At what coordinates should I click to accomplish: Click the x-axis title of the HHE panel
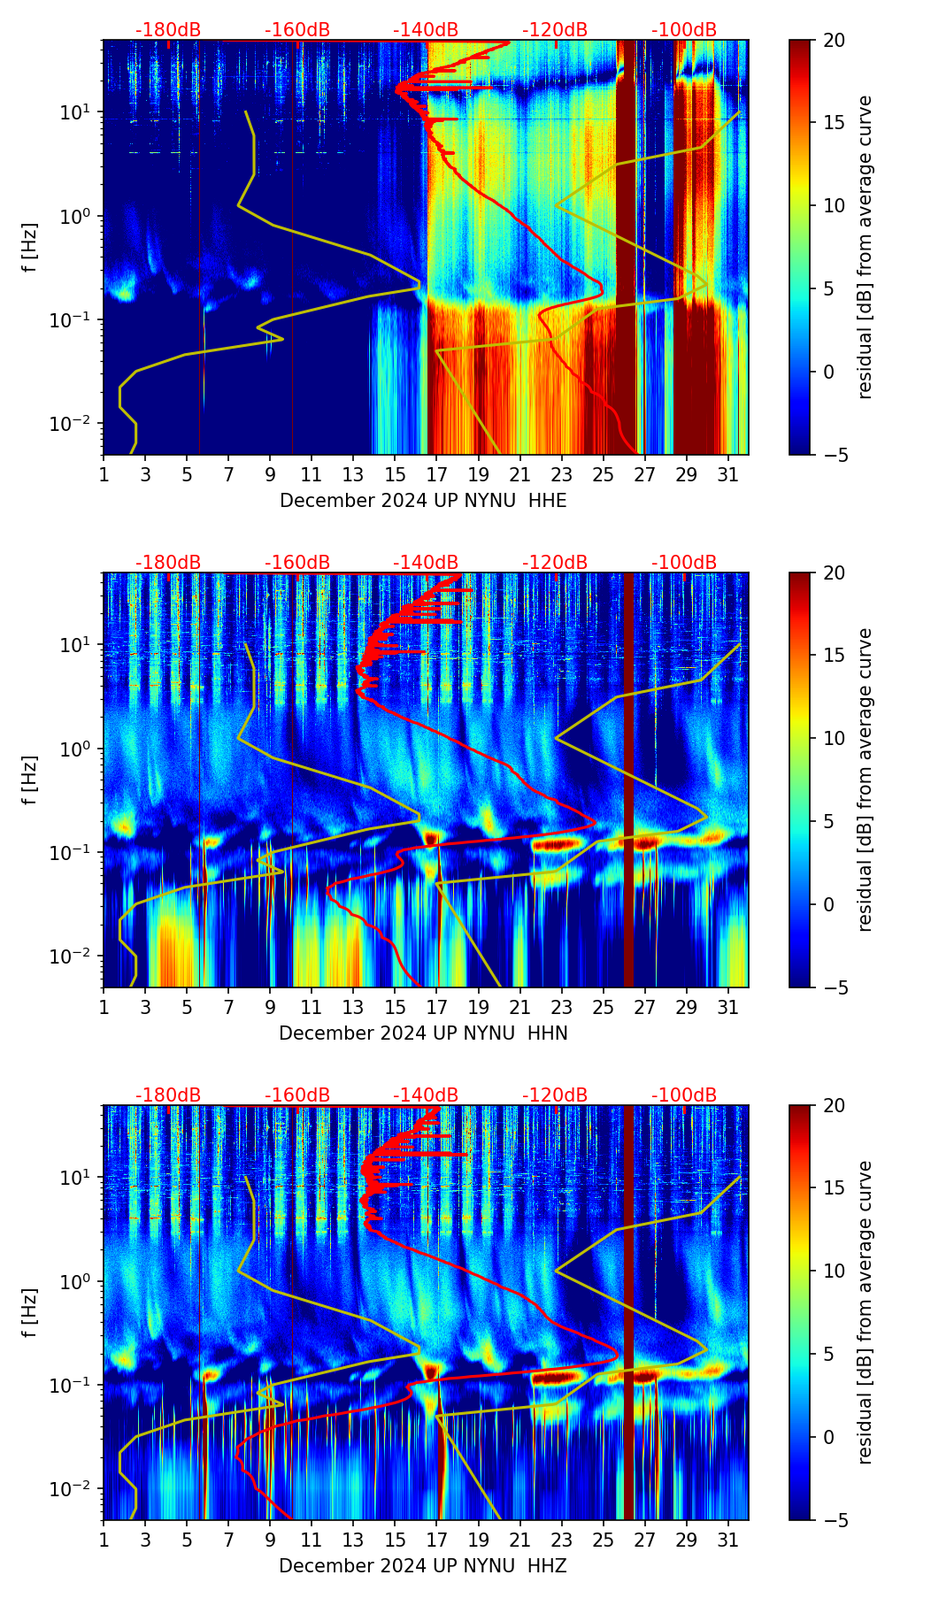(x=423, y=501)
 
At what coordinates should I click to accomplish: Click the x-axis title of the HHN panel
(x=423, y=1033)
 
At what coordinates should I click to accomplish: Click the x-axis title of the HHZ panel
(x=423, y=1566)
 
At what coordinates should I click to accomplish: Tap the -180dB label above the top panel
(x=168, y=30)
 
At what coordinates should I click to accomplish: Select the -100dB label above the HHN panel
(x=684, y=563)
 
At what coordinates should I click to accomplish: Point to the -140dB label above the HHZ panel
(x=426, y=1095)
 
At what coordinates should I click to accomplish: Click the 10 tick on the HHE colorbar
(x=833, y=206)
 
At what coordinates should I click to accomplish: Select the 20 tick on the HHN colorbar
(x=833, y=573)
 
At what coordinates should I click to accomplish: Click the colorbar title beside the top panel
(x=865, y=247)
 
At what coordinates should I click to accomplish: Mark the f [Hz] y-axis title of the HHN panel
(x=30, y=780)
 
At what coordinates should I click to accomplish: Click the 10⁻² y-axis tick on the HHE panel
(x=74, y=425)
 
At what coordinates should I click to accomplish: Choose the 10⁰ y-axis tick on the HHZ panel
(x=78, y=1281)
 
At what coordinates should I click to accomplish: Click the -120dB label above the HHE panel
(x=555, y=30)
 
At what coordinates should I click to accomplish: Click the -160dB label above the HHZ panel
(x=297, y=1095)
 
